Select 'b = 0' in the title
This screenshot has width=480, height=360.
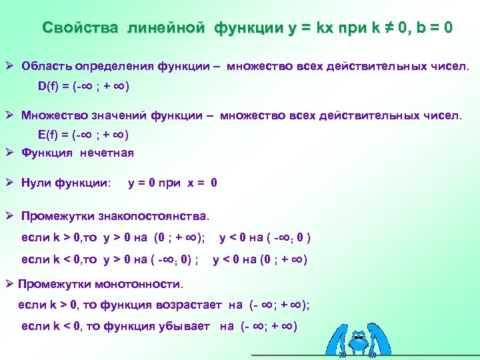433,28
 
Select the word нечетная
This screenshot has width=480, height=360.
107,153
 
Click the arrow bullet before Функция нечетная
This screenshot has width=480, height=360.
10,153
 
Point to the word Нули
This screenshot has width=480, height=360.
37,183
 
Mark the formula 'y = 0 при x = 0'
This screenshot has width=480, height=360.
172,183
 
